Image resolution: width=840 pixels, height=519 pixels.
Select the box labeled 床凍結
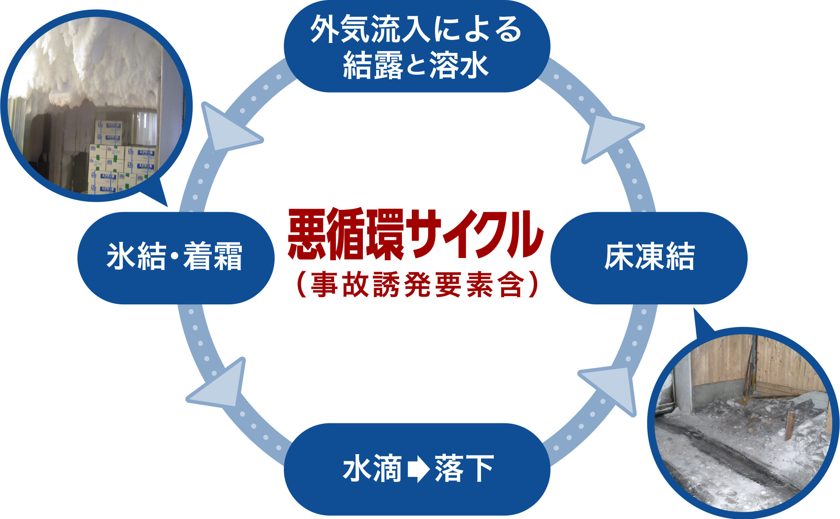648,258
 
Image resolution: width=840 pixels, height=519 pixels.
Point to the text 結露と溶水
416,65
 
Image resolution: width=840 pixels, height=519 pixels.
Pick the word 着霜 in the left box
213,257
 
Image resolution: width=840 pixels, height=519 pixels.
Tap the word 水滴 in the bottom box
372,469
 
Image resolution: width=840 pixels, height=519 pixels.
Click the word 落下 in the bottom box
464,469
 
